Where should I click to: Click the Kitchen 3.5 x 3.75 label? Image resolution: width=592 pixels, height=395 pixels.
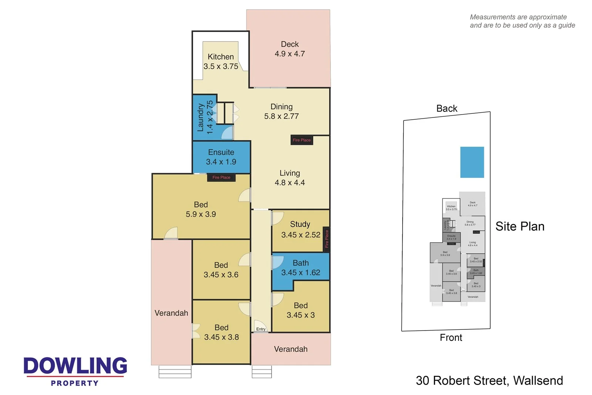pyautogui.click(x=221, y=62)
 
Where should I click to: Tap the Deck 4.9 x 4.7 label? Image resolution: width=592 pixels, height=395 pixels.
pyautogui.click(x=290, y=49)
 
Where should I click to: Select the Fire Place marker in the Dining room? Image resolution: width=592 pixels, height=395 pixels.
pyautogui.click(x=302, y=140)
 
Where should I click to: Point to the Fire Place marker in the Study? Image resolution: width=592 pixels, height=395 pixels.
pyautogui.click(x=326, y=239)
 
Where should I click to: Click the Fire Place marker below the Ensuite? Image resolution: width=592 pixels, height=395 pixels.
pyautogui.click(x=221, y=177)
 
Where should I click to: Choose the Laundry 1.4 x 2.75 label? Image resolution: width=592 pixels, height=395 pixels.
pyautogui.click(x=205, y=117)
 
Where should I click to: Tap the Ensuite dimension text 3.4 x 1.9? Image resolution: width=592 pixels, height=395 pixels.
pyautogui.click(x=221, y=162)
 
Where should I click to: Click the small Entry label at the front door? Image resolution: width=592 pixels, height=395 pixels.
pyautogui.click(x=261, y=329)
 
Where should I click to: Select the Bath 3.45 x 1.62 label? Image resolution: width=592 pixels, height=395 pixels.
pyautogui.click(x=300, y=268)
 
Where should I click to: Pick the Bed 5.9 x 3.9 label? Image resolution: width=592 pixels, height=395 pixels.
pyautogui.click(x=201, y=209)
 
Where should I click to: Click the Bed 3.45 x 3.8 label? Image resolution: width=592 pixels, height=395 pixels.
pyautogui.click(x=221, y=332)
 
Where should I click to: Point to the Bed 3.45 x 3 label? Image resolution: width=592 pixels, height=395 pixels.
pyautogui.click(x=300, y=310)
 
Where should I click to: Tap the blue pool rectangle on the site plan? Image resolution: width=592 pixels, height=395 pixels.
pyautogui.click(x=472, y=162)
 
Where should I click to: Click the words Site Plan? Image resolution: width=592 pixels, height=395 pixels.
pyautogui.click(x=519, y=226)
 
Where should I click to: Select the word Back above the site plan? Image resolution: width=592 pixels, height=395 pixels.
pyautogui.click(x=447, y=109)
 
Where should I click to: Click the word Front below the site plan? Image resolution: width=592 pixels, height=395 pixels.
pyautogui.click(x=451, y=338)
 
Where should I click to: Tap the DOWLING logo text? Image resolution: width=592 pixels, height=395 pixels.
pyautogui.click(x=75, y=366)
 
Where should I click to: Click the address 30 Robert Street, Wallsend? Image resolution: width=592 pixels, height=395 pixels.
pyautogui.click(x=489, y=381)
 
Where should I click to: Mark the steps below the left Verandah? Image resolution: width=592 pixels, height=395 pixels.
pyautogui.click(x=175, y=372)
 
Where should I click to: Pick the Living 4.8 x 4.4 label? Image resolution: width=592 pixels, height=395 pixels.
pyautogui.click(x=290, y=178)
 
